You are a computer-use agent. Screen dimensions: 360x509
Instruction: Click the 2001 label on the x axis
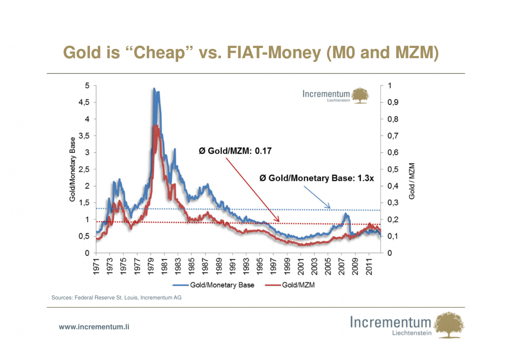(x=300, y=267)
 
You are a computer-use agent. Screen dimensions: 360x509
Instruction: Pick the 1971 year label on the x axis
(x=96, y=267)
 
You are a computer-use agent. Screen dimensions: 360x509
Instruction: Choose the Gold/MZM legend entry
(x=293, y=285)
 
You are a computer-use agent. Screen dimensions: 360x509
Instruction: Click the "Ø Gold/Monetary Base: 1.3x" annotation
(x=316, y=178)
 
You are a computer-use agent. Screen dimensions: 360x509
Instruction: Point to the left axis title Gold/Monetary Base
(x=73, y=169)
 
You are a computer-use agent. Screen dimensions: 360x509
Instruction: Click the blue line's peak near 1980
(x=154, y=89)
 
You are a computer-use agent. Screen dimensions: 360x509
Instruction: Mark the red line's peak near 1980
(x=155, y=126)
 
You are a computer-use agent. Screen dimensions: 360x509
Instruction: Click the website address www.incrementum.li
(x=94, y=327)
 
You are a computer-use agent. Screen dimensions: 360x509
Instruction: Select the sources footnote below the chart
(x=116, y=298)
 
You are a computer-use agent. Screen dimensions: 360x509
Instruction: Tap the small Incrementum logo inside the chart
(x=335, y=96)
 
